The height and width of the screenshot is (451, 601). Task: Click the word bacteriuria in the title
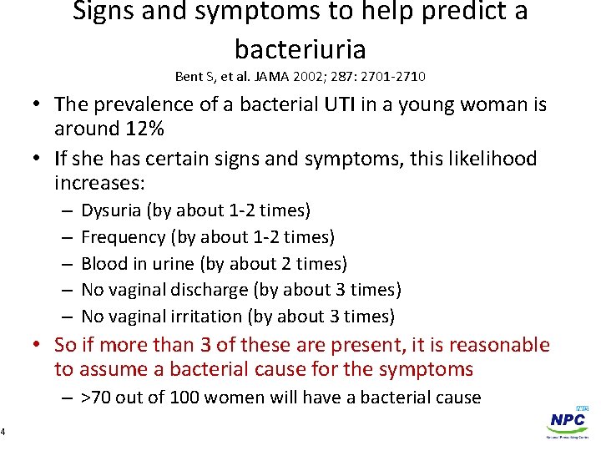click(x=300, y=48)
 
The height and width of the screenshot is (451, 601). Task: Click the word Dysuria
click(x=111, y=210)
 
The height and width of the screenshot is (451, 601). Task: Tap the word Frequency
click(x=123, y=237)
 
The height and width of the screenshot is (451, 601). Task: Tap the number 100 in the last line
click(x=184, y=398)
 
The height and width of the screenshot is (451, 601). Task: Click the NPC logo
click(x=567, y=423)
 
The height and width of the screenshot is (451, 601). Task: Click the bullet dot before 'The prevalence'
click(x=39, y=105)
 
